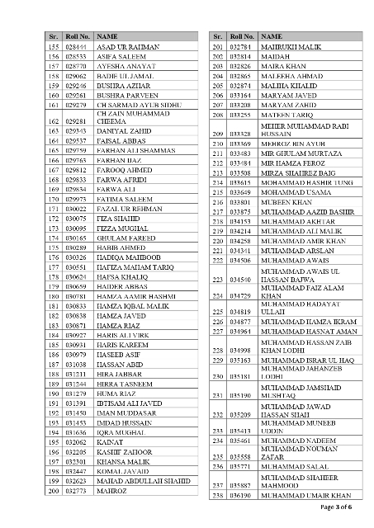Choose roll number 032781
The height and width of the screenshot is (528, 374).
tap(240, 49)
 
